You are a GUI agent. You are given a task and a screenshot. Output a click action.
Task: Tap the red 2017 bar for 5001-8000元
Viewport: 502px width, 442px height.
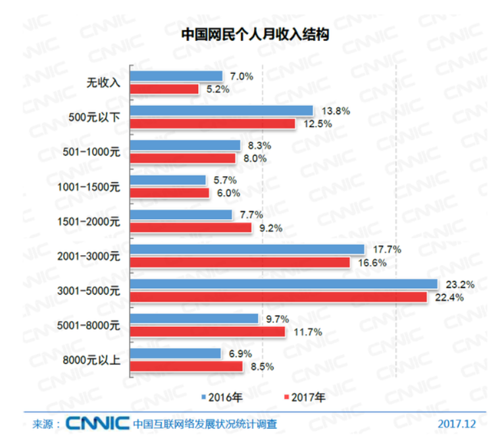pos(208,332)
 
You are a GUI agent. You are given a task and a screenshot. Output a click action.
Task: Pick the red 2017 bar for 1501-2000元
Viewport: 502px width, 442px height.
pos(191,228)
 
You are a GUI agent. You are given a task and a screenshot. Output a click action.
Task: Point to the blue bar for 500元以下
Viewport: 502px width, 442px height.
pos(222,110)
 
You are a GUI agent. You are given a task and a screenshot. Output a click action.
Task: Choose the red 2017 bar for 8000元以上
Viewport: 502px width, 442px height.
pos(187,366)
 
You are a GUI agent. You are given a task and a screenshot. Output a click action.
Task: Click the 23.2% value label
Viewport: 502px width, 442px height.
pos(459,284)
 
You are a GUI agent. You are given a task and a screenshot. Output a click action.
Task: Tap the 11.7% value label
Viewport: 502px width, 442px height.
pos(306,332)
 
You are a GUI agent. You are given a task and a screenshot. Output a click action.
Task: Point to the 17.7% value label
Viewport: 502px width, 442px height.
pos(386,249)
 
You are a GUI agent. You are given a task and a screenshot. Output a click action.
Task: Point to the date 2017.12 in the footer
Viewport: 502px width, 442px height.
pos(456,424)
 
